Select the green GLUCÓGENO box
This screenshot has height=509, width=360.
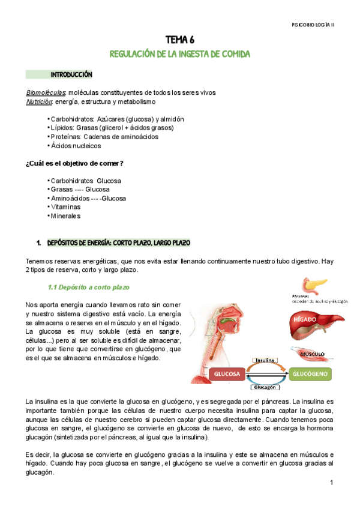tap(310, 373)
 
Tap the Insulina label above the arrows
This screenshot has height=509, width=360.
tap(265, 361)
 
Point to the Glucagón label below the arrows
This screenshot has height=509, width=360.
tap(265, 388)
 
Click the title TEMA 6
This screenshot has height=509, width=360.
tap(179, 40)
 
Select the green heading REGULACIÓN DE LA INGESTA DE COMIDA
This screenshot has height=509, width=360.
tap(179, 54)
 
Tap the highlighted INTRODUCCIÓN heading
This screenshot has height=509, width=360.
tap(71, 75)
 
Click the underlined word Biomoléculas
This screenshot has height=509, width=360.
tap(47, 92)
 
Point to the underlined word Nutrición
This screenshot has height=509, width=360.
tap(40, 101)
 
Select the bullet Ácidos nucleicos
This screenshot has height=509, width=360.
tap(75, 145)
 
